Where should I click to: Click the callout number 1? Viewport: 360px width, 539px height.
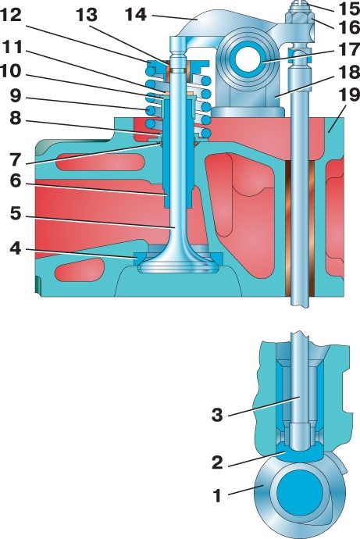(217, 496)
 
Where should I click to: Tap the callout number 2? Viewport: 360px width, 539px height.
(217, 462)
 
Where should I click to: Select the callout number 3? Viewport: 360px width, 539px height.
(217, 415)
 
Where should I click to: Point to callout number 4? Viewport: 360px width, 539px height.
(16, 248)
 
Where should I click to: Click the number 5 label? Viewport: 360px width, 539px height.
(16, 214)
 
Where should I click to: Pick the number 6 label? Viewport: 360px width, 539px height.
(16, 181)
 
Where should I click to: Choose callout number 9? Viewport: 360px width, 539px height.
(16, 96)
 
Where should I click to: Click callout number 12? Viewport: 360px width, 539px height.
(11, 16)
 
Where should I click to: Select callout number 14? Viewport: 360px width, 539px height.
(137, 15)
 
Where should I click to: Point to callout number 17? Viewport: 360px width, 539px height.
(348, 49)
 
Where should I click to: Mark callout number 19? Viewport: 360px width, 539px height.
(348, 95)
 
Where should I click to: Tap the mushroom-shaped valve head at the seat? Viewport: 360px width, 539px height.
(178, 264)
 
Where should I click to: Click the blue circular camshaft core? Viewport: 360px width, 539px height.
(300, 494)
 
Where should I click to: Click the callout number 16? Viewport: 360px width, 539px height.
(348, 27)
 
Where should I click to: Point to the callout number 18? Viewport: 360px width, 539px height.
(348, 72)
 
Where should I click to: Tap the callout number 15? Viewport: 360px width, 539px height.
(348, 9)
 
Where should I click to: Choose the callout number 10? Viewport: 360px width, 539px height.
(11, 72)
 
